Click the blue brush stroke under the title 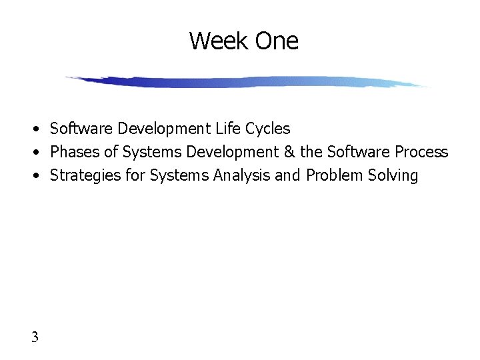coord(247,82)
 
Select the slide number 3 coord(35,337)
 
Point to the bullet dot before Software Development coord(41,129)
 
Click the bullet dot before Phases coord(41,153)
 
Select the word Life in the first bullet coord(228,128)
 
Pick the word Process coord(421,152)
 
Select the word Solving coord(395,176)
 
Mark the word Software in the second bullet coord(358,152)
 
